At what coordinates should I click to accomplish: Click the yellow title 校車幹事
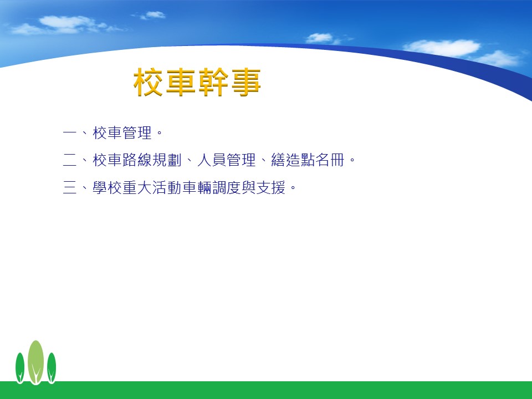(197, 82)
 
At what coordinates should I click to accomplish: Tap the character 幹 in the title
(213, 82)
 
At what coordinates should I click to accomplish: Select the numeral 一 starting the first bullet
(70, 132)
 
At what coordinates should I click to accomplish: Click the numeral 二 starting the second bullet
(70, 160)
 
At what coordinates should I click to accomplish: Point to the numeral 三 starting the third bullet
(70, 187)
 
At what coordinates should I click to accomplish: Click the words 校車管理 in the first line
(122, 132)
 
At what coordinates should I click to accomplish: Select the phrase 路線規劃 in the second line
(152, 160)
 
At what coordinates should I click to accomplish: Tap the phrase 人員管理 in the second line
(226, 160)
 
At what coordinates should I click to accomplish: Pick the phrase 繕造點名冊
(308, 160)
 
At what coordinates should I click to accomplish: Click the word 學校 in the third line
(108, 187)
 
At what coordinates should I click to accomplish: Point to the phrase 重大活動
(152, 187)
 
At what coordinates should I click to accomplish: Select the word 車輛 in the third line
(197, 187)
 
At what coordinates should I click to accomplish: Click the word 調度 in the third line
(226, 187)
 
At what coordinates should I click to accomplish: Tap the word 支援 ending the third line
(271, 187)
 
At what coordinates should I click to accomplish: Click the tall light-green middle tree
(35, 362)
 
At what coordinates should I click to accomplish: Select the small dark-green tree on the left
(20, 368)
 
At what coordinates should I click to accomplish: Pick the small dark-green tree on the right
(52, 368)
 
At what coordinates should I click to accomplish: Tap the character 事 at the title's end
(246, 82)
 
